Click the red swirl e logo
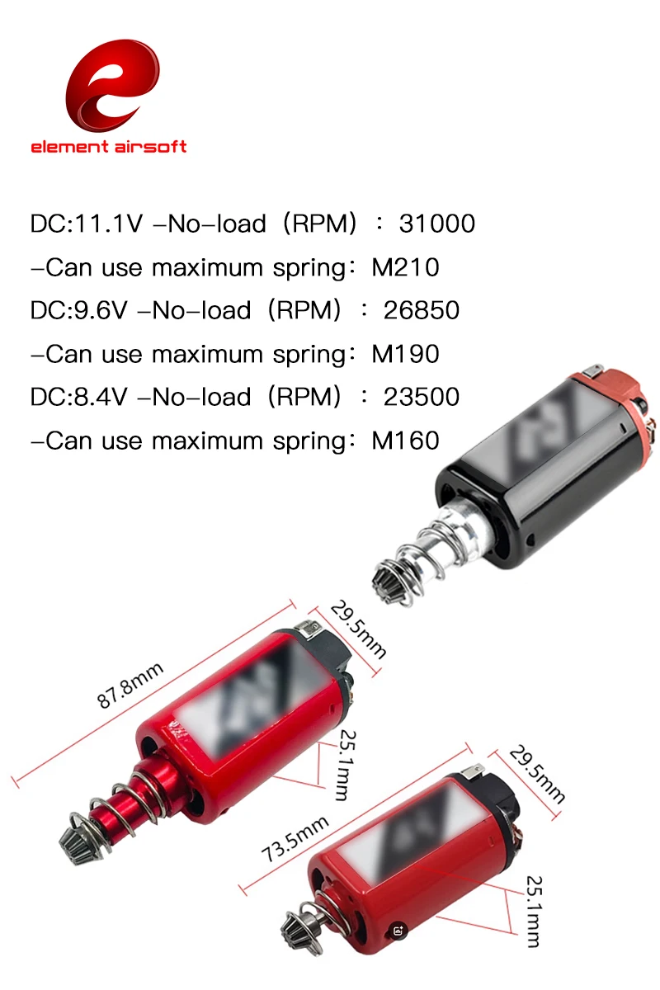(112, 85)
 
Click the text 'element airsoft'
(109, 147)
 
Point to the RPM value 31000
(436, 224)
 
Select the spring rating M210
(405, 267)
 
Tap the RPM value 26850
(422, 310)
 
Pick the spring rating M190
(405, 354)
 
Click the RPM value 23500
(422, 397)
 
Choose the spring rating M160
(405, 441)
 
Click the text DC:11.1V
(87, 224)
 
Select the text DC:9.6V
(78, 310)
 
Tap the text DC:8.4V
(78, 397)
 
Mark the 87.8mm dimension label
(130, 686)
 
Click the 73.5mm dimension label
(295, 838)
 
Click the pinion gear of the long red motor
(75, 842)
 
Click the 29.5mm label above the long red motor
(358, 629)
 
